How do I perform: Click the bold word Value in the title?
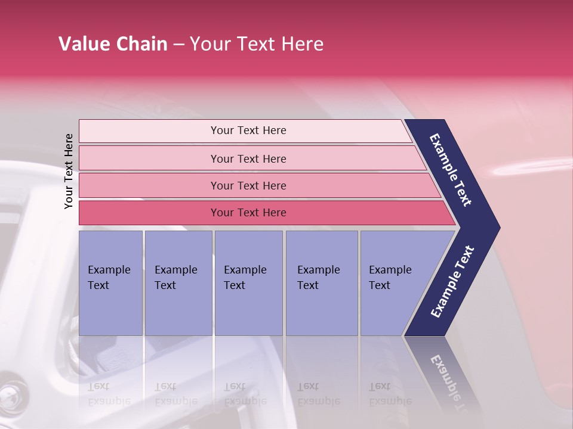[x=84, y=44]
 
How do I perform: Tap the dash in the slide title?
[x=178, y=45]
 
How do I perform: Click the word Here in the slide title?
[x=302, y=44]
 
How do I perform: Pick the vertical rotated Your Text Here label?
[x=69, y=171]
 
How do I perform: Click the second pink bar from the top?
[x=248, y=158]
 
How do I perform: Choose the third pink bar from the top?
[x=248, y=185]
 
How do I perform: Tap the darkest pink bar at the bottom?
[x=248, y=213]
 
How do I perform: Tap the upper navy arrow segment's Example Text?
[x=451, y=170]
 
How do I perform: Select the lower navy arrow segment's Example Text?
[x=452, y=282]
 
